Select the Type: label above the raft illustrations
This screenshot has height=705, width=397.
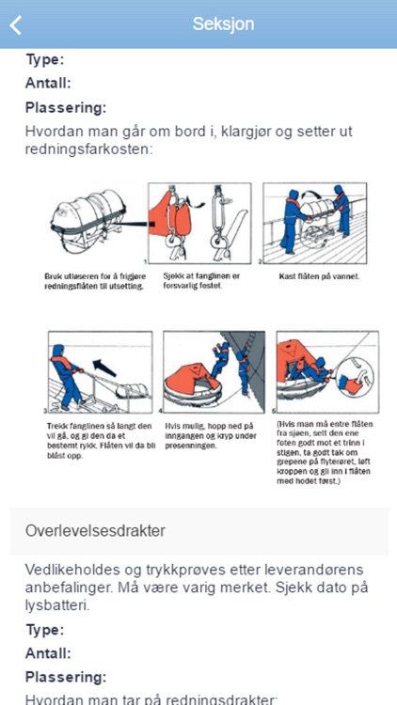pyautogui.click(x=44, y=59)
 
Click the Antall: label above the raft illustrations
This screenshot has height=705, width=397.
pyautogui.click(x=49, y=83)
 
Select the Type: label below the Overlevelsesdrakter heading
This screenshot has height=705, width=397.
pyautogui.click(x=44, y=630)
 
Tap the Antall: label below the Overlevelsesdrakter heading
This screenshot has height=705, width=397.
pyautogui.click(x=49, y=653)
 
